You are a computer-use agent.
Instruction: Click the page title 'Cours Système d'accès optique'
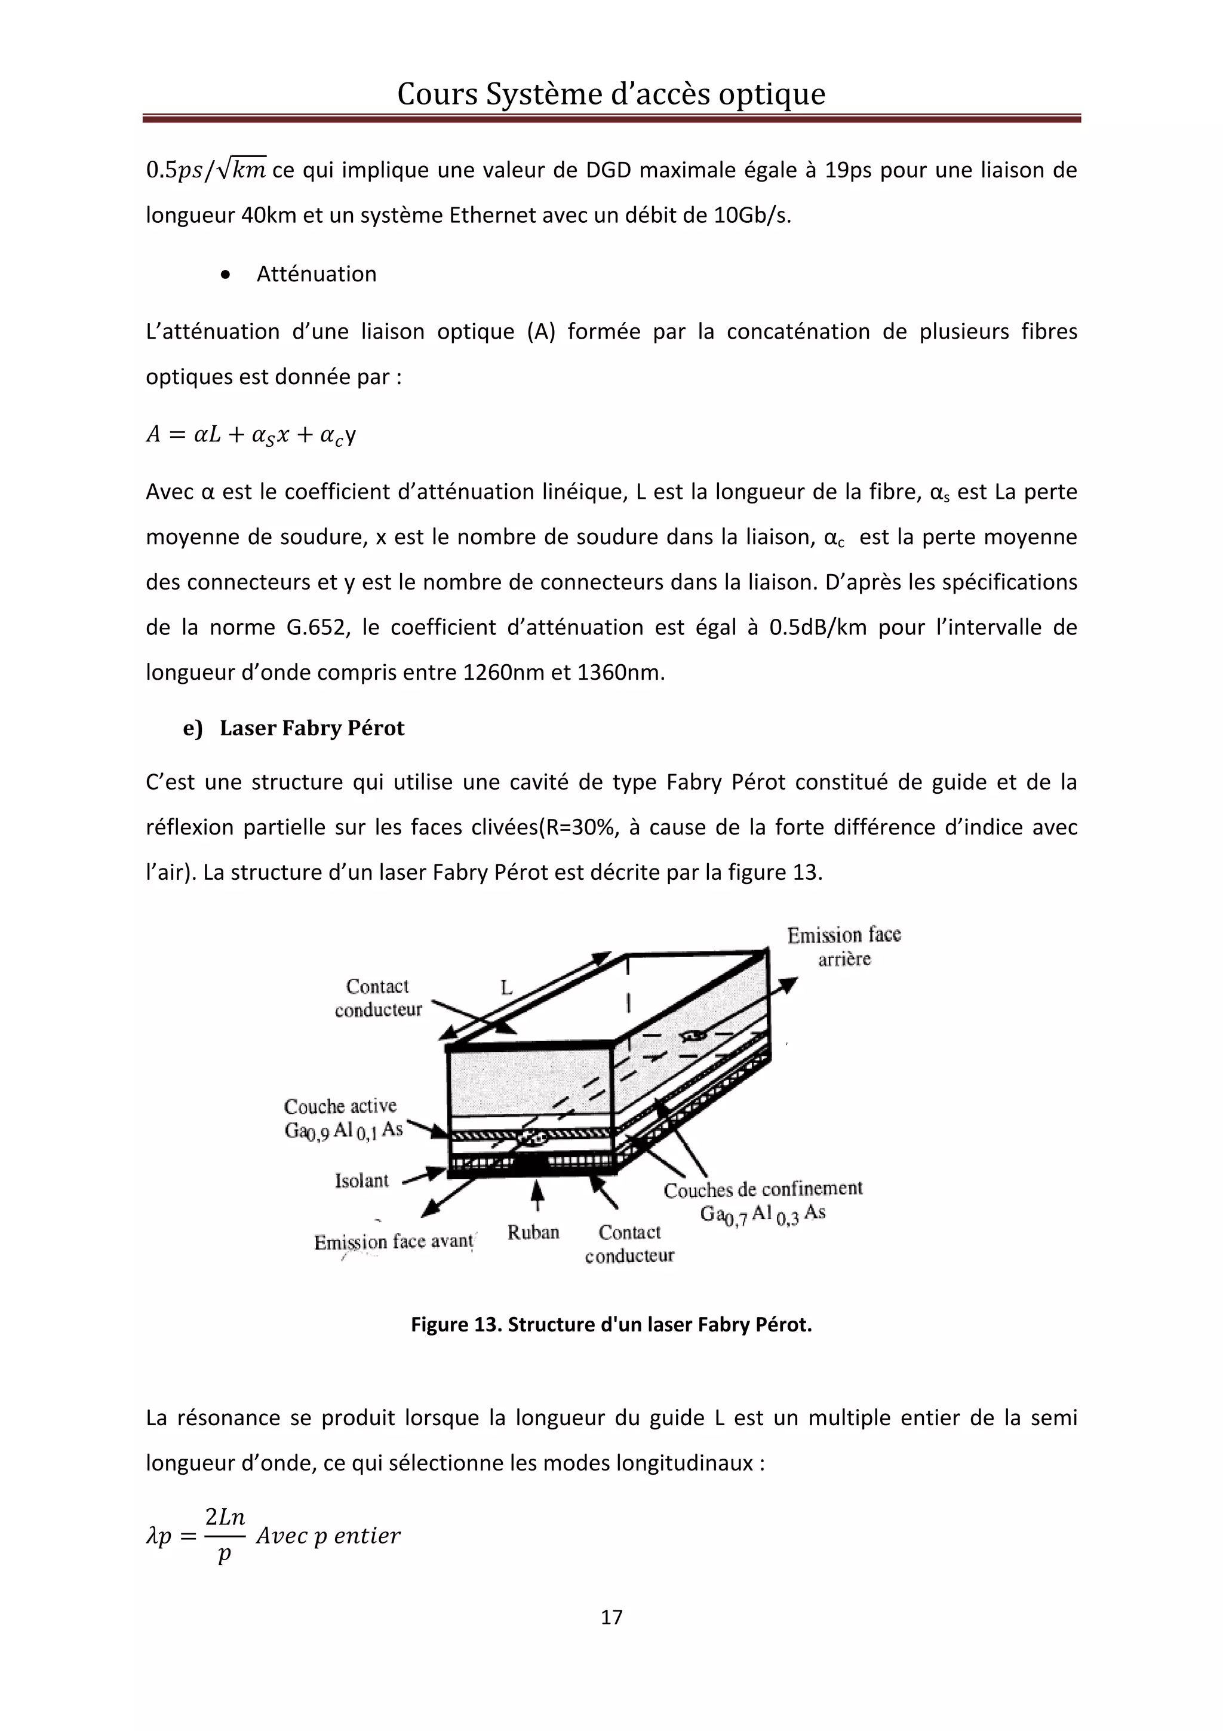point(610,94)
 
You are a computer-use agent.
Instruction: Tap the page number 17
point(611,1616)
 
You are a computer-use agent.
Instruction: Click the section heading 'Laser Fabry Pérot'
point(311,728)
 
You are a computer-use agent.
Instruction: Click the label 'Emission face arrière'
point(843,946)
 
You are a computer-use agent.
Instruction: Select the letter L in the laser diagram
point(506,987)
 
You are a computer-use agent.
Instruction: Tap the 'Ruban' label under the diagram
point(533,1232)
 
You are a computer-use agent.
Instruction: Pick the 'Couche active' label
point(340,1106)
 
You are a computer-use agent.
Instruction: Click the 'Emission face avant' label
point(394,1241)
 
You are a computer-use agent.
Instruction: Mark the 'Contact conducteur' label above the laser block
point(377,998)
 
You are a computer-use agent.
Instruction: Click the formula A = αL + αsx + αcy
point(251,435)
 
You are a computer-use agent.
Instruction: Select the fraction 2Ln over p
point(225,1535)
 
